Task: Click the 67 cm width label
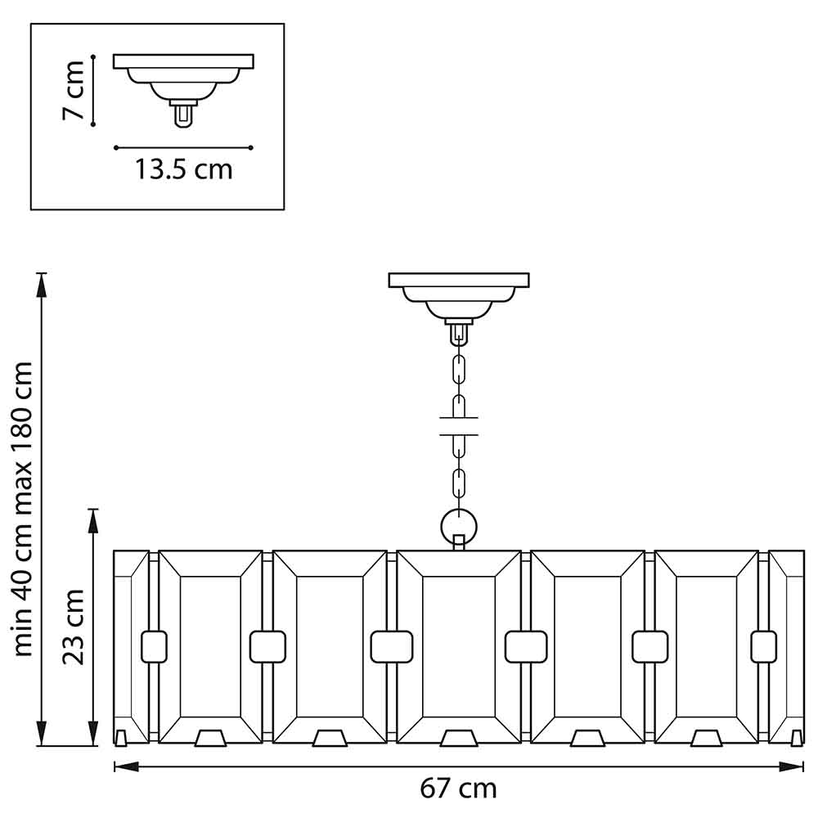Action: [458, 789]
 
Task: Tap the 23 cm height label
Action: [74, 626]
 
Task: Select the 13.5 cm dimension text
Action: [183, 169]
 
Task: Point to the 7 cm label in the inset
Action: [74, 90]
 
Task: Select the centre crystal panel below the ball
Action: [458, 646]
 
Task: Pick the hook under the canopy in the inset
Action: [183, 115]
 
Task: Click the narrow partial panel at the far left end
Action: [130, 646]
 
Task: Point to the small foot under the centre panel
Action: [458, 739]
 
